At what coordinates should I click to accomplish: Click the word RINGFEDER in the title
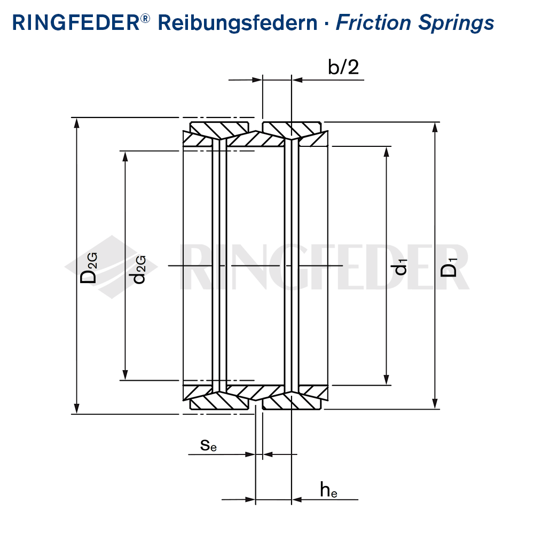tap(75, 23)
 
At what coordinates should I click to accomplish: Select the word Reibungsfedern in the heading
tap(238, 23)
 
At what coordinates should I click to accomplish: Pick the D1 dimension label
tap(450, 267)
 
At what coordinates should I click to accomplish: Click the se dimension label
tap(209, 444)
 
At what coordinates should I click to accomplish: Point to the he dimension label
tap(328, 489)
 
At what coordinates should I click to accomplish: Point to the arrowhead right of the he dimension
tap(297, 500)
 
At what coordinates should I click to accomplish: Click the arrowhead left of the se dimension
tap(250, 454)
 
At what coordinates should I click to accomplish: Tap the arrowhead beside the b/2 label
tap(297, 80)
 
